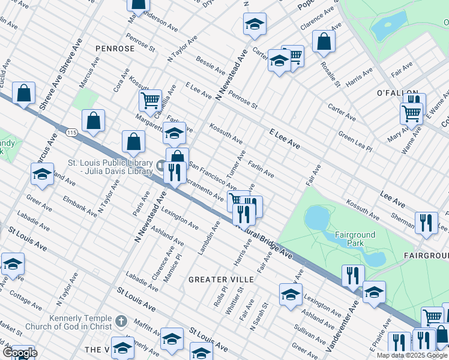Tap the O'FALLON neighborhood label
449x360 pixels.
397,94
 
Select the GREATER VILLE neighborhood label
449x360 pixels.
221,280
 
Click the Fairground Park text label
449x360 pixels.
355,239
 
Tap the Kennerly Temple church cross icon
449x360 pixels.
121,322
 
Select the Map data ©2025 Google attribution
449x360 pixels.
412,355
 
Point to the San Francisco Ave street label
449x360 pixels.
212,175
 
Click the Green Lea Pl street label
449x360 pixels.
355,142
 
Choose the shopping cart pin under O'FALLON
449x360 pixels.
411,112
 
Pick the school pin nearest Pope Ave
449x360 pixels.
255,25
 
